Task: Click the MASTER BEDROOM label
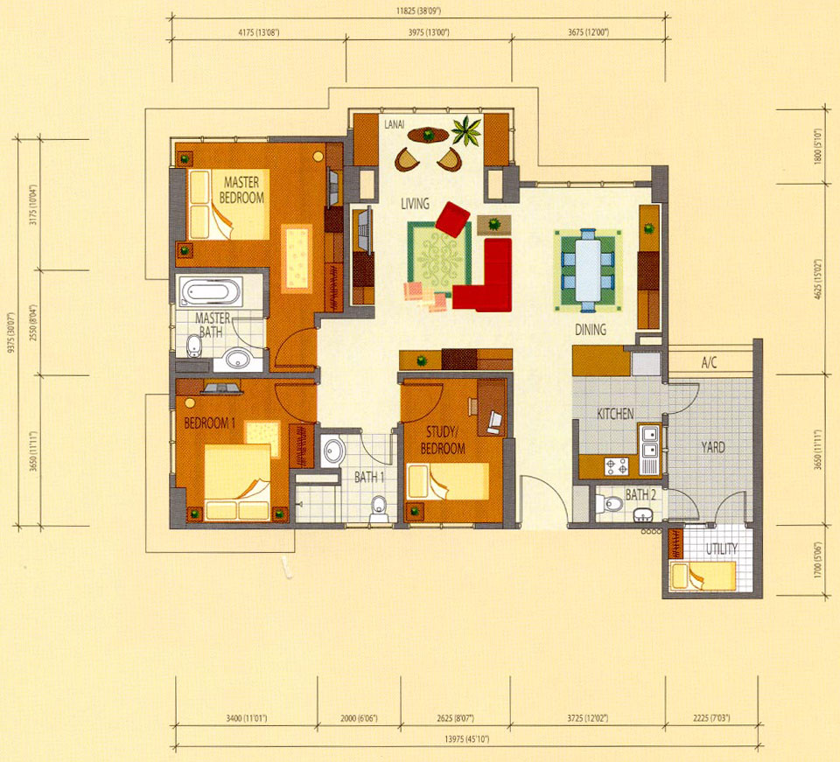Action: click(241, 190)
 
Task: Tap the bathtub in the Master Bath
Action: click(210, 292)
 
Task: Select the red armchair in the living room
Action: click(453, 219)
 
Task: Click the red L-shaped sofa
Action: click(485, 278)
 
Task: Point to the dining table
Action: click(588, 270)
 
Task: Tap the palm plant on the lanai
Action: click(465, 130)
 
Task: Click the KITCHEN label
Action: click(615, 414)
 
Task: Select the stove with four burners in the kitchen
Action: click(616, 466)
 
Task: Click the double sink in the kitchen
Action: click(651, 442)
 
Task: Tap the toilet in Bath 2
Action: click(610, 504)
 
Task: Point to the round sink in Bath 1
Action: click(334, 451)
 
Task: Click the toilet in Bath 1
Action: click(379, 508)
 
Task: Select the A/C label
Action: click(709, 363)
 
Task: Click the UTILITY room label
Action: click(721, 549)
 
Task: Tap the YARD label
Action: click(713, 447)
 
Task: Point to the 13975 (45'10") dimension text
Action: click(466, 739)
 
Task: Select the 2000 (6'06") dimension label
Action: click(359, 718)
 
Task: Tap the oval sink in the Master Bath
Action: click(238, 358)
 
